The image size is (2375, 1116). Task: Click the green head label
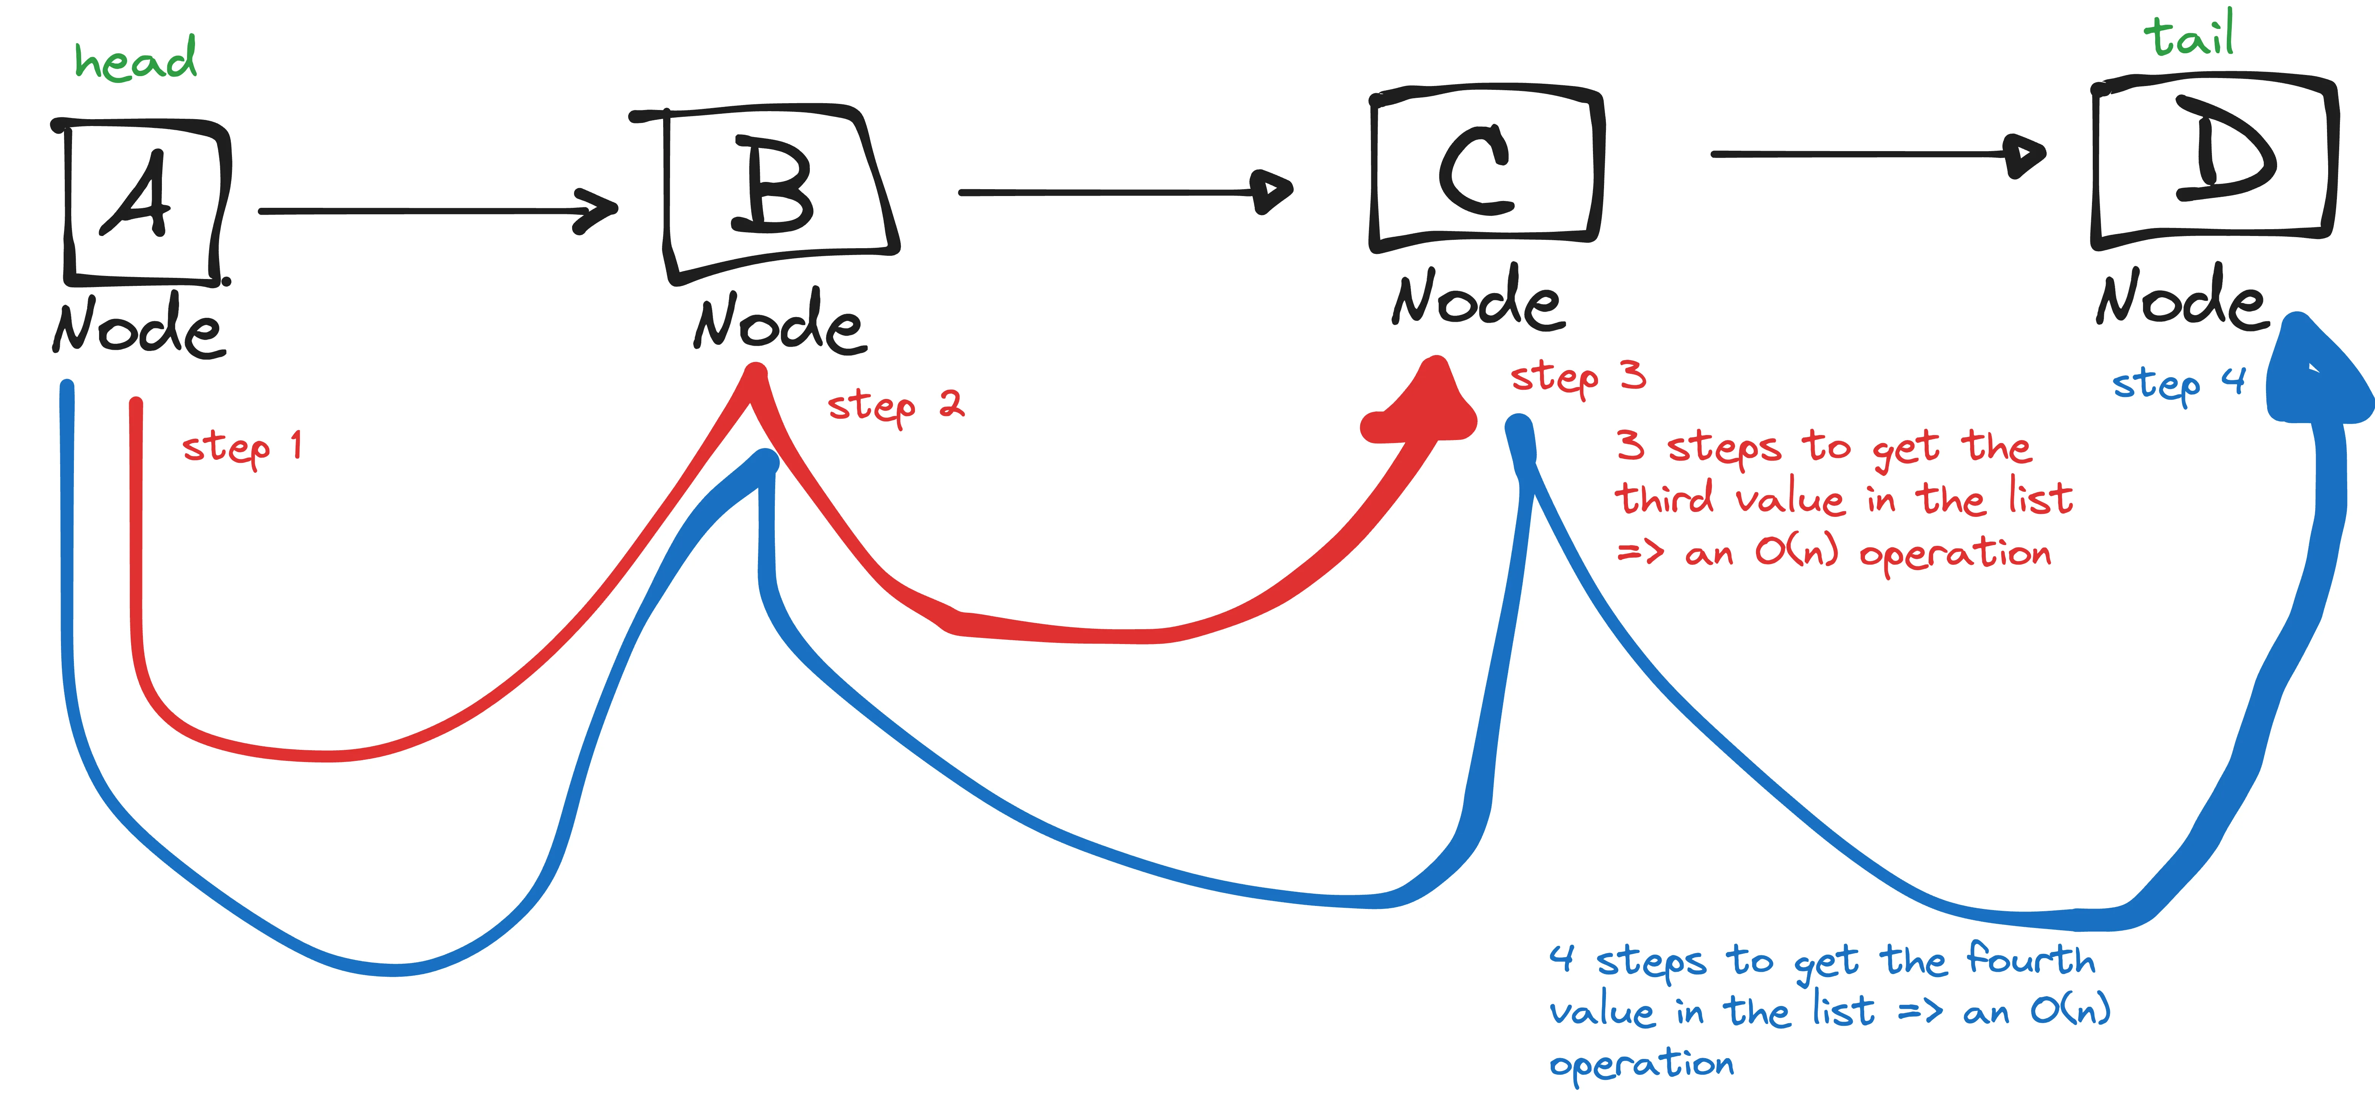pyautogui.click(x=136, y=60)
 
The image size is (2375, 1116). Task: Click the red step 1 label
pyautogui.click(x=241, y=448)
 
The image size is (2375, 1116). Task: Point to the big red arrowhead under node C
pyautogui.click(x=1425, y=405)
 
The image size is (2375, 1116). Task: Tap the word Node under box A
pyautogui.click(x=138, y=327)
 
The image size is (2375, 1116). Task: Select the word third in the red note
pyautogui.click(x=1664, y=499)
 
